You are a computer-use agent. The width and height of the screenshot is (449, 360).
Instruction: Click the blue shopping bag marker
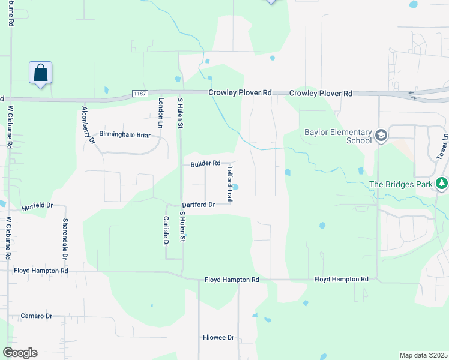(x=40, y=73)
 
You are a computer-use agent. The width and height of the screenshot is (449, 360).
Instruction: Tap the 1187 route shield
(x=140, y=94)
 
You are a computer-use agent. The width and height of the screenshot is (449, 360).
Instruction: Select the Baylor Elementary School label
(x=338, y=136)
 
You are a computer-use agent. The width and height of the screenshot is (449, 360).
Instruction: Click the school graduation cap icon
(x=381, y=136)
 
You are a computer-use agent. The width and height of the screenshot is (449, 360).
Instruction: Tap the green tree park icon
(x=442, y=183)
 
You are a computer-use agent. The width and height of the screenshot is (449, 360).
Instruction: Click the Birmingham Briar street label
(x=125, y=134)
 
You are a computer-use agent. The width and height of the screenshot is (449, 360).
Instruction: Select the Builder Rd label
(x=206, y=163)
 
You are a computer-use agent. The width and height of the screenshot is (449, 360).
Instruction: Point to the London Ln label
(x=160, y=113)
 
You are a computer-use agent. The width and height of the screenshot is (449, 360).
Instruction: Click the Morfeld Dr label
(x=37, y=206)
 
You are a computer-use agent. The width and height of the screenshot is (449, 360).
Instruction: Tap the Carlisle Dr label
(x=166, y=230)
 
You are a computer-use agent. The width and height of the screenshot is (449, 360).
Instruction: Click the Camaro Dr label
(x=37, y=316)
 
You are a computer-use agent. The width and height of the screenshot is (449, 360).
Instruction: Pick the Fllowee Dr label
(x=218, y=338)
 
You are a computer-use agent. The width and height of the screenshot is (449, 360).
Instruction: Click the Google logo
(x=19, y=353)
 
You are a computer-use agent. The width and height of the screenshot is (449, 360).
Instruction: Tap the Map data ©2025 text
(x=423, y=355)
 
